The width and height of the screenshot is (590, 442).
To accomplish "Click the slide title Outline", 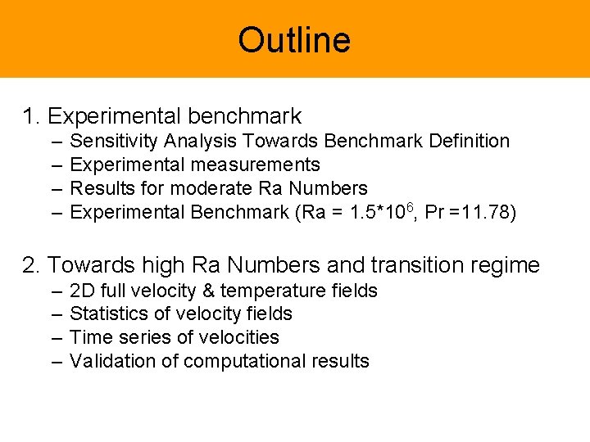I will [x=294, y=40].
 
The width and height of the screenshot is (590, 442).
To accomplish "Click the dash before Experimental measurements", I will [x=56, y=165].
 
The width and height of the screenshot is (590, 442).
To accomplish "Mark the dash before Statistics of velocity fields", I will [x=56, y=314].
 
